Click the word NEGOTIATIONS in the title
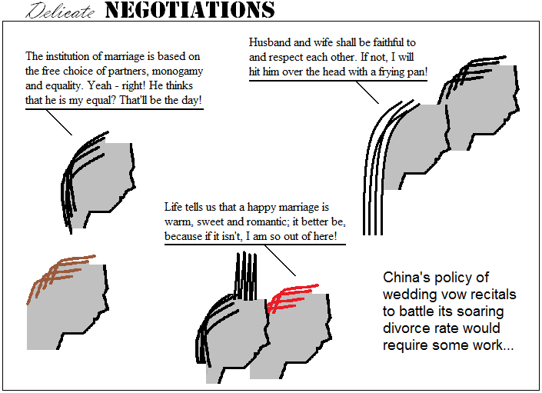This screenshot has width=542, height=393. (190, 10)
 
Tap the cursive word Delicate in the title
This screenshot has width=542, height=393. (60, 11)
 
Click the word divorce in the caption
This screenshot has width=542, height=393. (402, 328)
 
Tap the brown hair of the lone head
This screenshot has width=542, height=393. (58, 276)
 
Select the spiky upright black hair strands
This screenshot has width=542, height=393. (245, 277)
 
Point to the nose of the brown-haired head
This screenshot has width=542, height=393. (106, 299)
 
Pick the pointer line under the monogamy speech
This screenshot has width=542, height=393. (59, 122)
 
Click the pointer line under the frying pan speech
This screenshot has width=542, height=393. (367, 92)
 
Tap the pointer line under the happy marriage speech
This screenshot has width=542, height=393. (281, 261)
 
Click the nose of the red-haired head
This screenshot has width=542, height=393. (329, 328)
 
